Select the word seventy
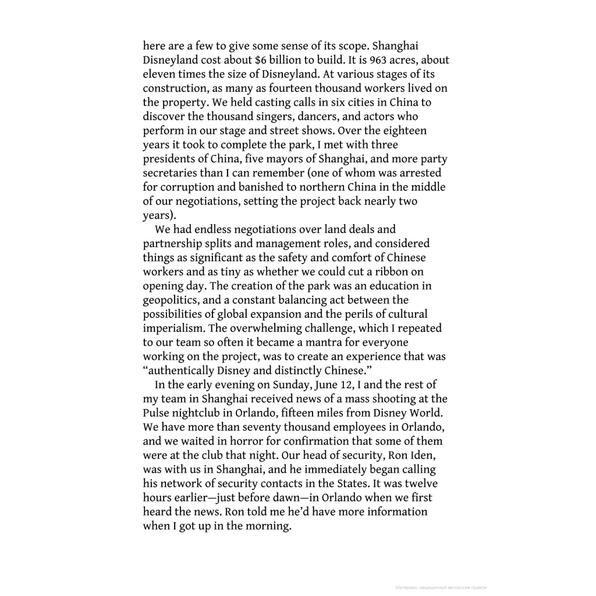click(x=265, y=427)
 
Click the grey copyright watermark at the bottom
click(x=440, y=587)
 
